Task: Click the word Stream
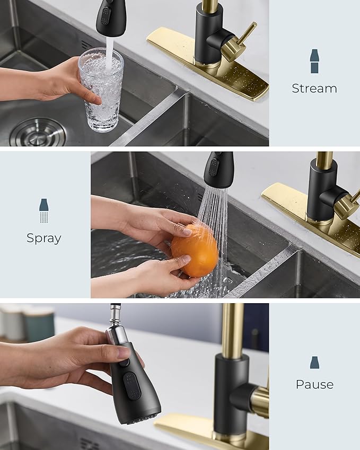click(314, 89)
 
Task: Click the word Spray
click(44, 239)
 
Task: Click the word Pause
click(314, 384)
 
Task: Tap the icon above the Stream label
click(314, 61)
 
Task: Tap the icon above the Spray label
click(44, 210)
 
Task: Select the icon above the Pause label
click(314, 363)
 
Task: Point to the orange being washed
click(195, 250)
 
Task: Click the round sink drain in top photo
click(38, 132)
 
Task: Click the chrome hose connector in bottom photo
click(115, 323)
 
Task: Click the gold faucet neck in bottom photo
click(233, 329)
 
